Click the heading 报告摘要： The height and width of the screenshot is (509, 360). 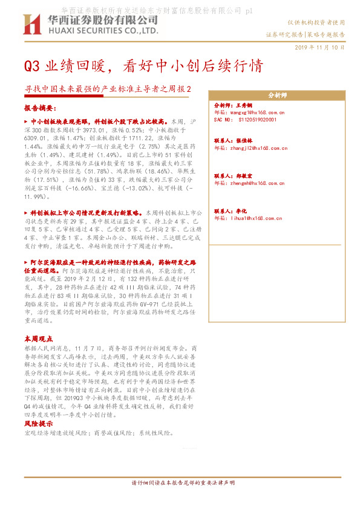tap(40, 108)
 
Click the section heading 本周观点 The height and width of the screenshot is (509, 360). tap(38, 338)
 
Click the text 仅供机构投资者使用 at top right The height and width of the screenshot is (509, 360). tap(323, 22)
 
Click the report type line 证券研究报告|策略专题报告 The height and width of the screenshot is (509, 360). tap(306, 35)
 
